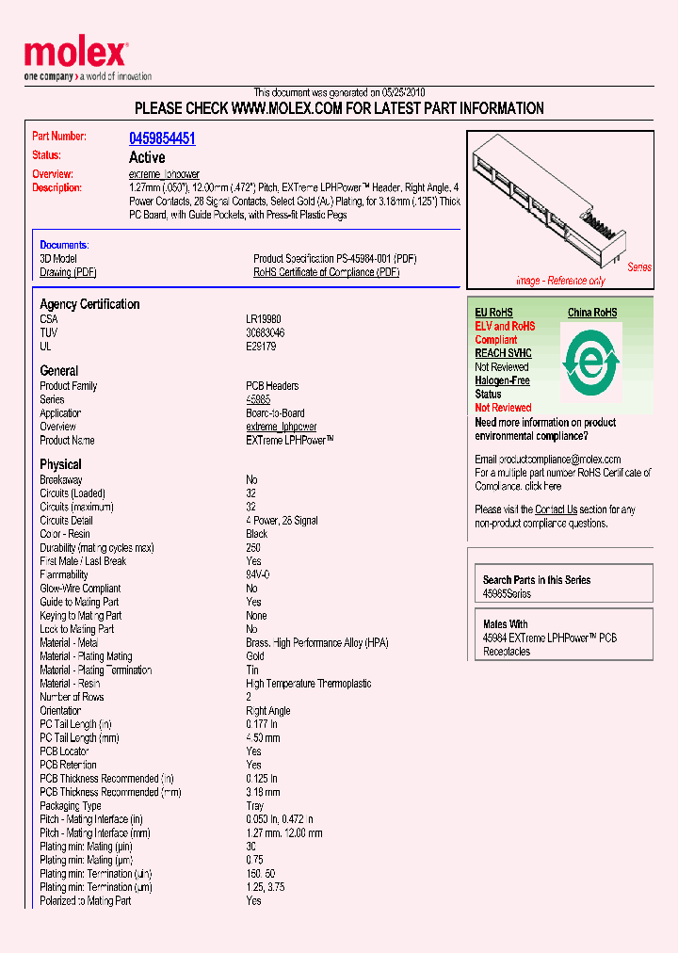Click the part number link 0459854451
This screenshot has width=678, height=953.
click(162, 138)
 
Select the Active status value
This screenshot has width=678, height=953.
click(147, 157)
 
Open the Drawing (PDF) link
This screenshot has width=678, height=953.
click(68, 272)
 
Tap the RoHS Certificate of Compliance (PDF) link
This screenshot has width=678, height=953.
click(326, 272)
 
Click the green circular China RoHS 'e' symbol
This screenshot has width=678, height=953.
click(590, 361)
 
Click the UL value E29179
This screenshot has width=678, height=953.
click(262, 347)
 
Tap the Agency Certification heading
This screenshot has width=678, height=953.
click(89, 304)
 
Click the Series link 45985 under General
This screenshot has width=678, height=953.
click(258, 399)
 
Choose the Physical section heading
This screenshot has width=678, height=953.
click(60, 464)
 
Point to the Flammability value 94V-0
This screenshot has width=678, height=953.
click(258, 574)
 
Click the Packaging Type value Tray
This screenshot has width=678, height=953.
click(255, 806)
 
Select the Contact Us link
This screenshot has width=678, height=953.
click(556, 509)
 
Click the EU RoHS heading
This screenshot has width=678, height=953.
click(493, 313)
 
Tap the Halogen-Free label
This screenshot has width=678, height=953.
click(502, 380)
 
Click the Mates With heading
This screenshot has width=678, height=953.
click(505, 624)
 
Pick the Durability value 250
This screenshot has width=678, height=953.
click(253, 547)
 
